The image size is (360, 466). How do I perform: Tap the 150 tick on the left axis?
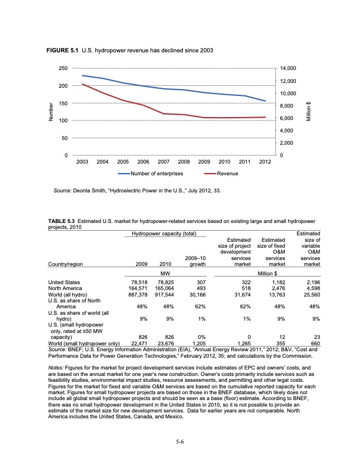[61, 104]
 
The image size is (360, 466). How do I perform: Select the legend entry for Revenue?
[226, 174]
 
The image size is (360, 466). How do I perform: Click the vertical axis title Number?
[51, 112]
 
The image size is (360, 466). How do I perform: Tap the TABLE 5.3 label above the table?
[63, 221]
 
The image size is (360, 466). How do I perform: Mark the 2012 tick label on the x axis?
[265, 161]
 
